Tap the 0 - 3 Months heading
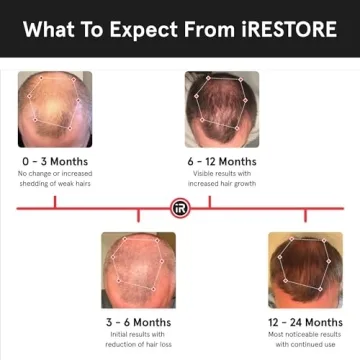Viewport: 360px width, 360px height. pyautogui.click(x=55, y=161)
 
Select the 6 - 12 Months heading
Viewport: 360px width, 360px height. pyautogui.click(x=222, y=161)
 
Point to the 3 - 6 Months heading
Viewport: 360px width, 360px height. pyautogui.click(x=138, y=322)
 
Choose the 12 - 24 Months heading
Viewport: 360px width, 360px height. pyautogui.click(x=305, y=322)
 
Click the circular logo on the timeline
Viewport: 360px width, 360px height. pyautogui.click(x=180, y=208)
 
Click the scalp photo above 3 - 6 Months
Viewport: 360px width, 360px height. pyautogui.click(x=138, y=270)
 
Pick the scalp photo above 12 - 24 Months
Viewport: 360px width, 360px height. pyautogui.click(x=305, y=270)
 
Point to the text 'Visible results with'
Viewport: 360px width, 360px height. pyautogui.click(x=222, y=174)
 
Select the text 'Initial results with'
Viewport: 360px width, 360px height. pyautogui.click(x=138, y=335)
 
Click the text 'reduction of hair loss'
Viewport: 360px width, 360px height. pyautogui.click(x=138, y=346)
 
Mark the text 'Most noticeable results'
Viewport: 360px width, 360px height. pyautogui.click(x=305, y=335)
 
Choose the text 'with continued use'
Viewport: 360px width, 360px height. pyautogui.click(x=305, y=346)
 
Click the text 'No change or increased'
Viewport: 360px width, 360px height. pyautogui.click(x=55, y=174)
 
